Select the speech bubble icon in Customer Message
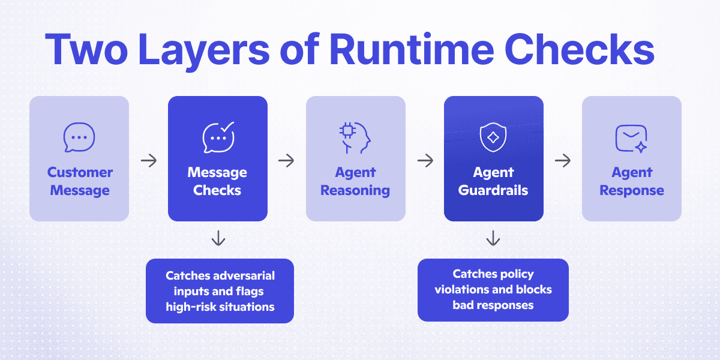tap(79, 137)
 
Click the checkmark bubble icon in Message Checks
tap(218, 137)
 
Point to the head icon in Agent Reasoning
tap(355, 137)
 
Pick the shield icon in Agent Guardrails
tap(493, 137)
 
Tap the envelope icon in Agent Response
tap(631, 137)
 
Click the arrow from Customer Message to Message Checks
tap(148, 161)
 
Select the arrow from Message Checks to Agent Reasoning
tap(287, 161)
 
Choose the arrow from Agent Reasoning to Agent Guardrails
tap(425, 161)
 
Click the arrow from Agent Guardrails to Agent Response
tap(563, 161)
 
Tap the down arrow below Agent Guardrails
tap(493, 239)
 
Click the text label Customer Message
tap(80, 181)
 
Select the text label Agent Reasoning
tap(355, 181)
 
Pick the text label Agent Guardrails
tap(493, 181)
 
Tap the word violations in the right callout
tap(462, 290)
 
